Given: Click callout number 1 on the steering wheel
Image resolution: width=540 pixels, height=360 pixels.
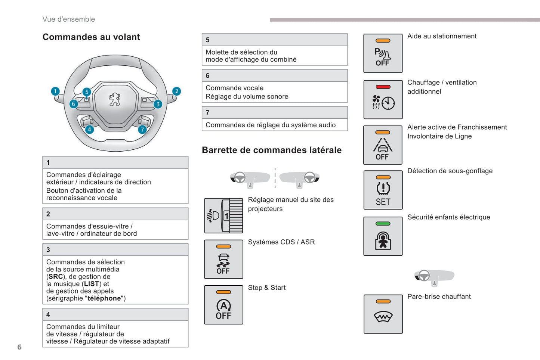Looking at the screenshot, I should [x=55, y=91].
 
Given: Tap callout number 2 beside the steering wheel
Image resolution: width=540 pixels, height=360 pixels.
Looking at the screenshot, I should [x=176, y=91].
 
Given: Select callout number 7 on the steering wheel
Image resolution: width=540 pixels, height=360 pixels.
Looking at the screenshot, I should [x=142, y=130].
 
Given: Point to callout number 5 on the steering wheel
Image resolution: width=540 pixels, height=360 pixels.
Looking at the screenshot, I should [x=87, y=92].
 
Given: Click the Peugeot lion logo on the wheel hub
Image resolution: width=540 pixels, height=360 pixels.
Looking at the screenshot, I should [x=115, y=99].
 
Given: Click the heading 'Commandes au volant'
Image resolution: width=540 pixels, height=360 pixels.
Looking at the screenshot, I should [x=91, y=37].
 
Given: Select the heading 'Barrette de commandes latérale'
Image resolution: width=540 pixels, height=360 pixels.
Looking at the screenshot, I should [x=272, y=150].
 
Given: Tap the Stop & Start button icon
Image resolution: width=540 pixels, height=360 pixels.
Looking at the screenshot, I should [x=223, y=305].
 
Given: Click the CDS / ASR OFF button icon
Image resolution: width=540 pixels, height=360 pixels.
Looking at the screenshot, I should [x=223, y=259].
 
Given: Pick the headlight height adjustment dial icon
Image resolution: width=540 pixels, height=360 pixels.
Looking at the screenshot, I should [x=223, y=216].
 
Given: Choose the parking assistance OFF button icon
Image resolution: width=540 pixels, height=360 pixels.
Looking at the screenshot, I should [x=383, y=53].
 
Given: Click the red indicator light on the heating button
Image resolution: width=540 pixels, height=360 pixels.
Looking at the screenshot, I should [x=383, y=87].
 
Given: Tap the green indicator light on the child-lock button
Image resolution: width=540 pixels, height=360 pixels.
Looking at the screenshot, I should [x=383, y=224].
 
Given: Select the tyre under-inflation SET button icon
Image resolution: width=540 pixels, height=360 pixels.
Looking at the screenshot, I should [x=383, y=190].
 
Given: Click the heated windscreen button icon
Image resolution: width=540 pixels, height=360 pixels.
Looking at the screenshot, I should [x=383, y=314].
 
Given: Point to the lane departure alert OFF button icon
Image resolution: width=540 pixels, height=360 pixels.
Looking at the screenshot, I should [x=383, y=145].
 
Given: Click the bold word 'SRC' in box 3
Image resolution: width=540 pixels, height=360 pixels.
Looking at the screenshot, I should [x=56, y=277].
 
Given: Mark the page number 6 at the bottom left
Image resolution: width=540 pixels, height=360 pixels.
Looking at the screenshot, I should [x=19, y=347].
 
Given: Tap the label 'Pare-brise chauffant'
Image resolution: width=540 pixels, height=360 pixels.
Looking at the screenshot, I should [x=439, y=297].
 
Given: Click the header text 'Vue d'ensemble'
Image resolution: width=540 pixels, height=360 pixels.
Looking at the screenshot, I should [x=69, y=19].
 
